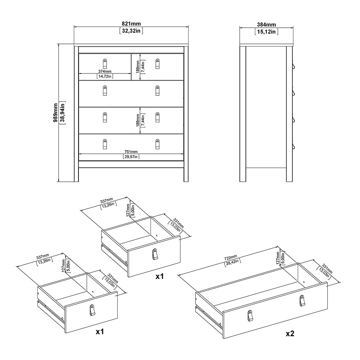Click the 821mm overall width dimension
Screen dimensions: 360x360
point(131,24)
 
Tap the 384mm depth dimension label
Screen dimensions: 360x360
point(266,24)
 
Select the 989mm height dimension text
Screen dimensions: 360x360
point(55,113)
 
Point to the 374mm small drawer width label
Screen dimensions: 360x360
point(105,71)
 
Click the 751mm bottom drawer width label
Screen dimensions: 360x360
point(131,151)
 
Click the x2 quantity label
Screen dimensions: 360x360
point(290,334)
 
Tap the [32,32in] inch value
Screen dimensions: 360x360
point(131,31)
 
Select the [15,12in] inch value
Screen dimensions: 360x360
point(266,32)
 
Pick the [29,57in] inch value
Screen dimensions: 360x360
point(131,157)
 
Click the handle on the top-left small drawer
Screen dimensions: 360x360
point(105,63)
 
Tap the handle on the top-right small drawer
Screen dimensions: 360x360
point(157,64)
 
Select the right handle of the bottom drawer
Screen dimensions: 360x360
point(157,144)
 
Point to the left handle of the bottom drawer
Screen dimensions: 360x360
point(105,144)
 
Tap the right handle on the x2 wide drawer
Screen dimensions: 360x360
point(301,300)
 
